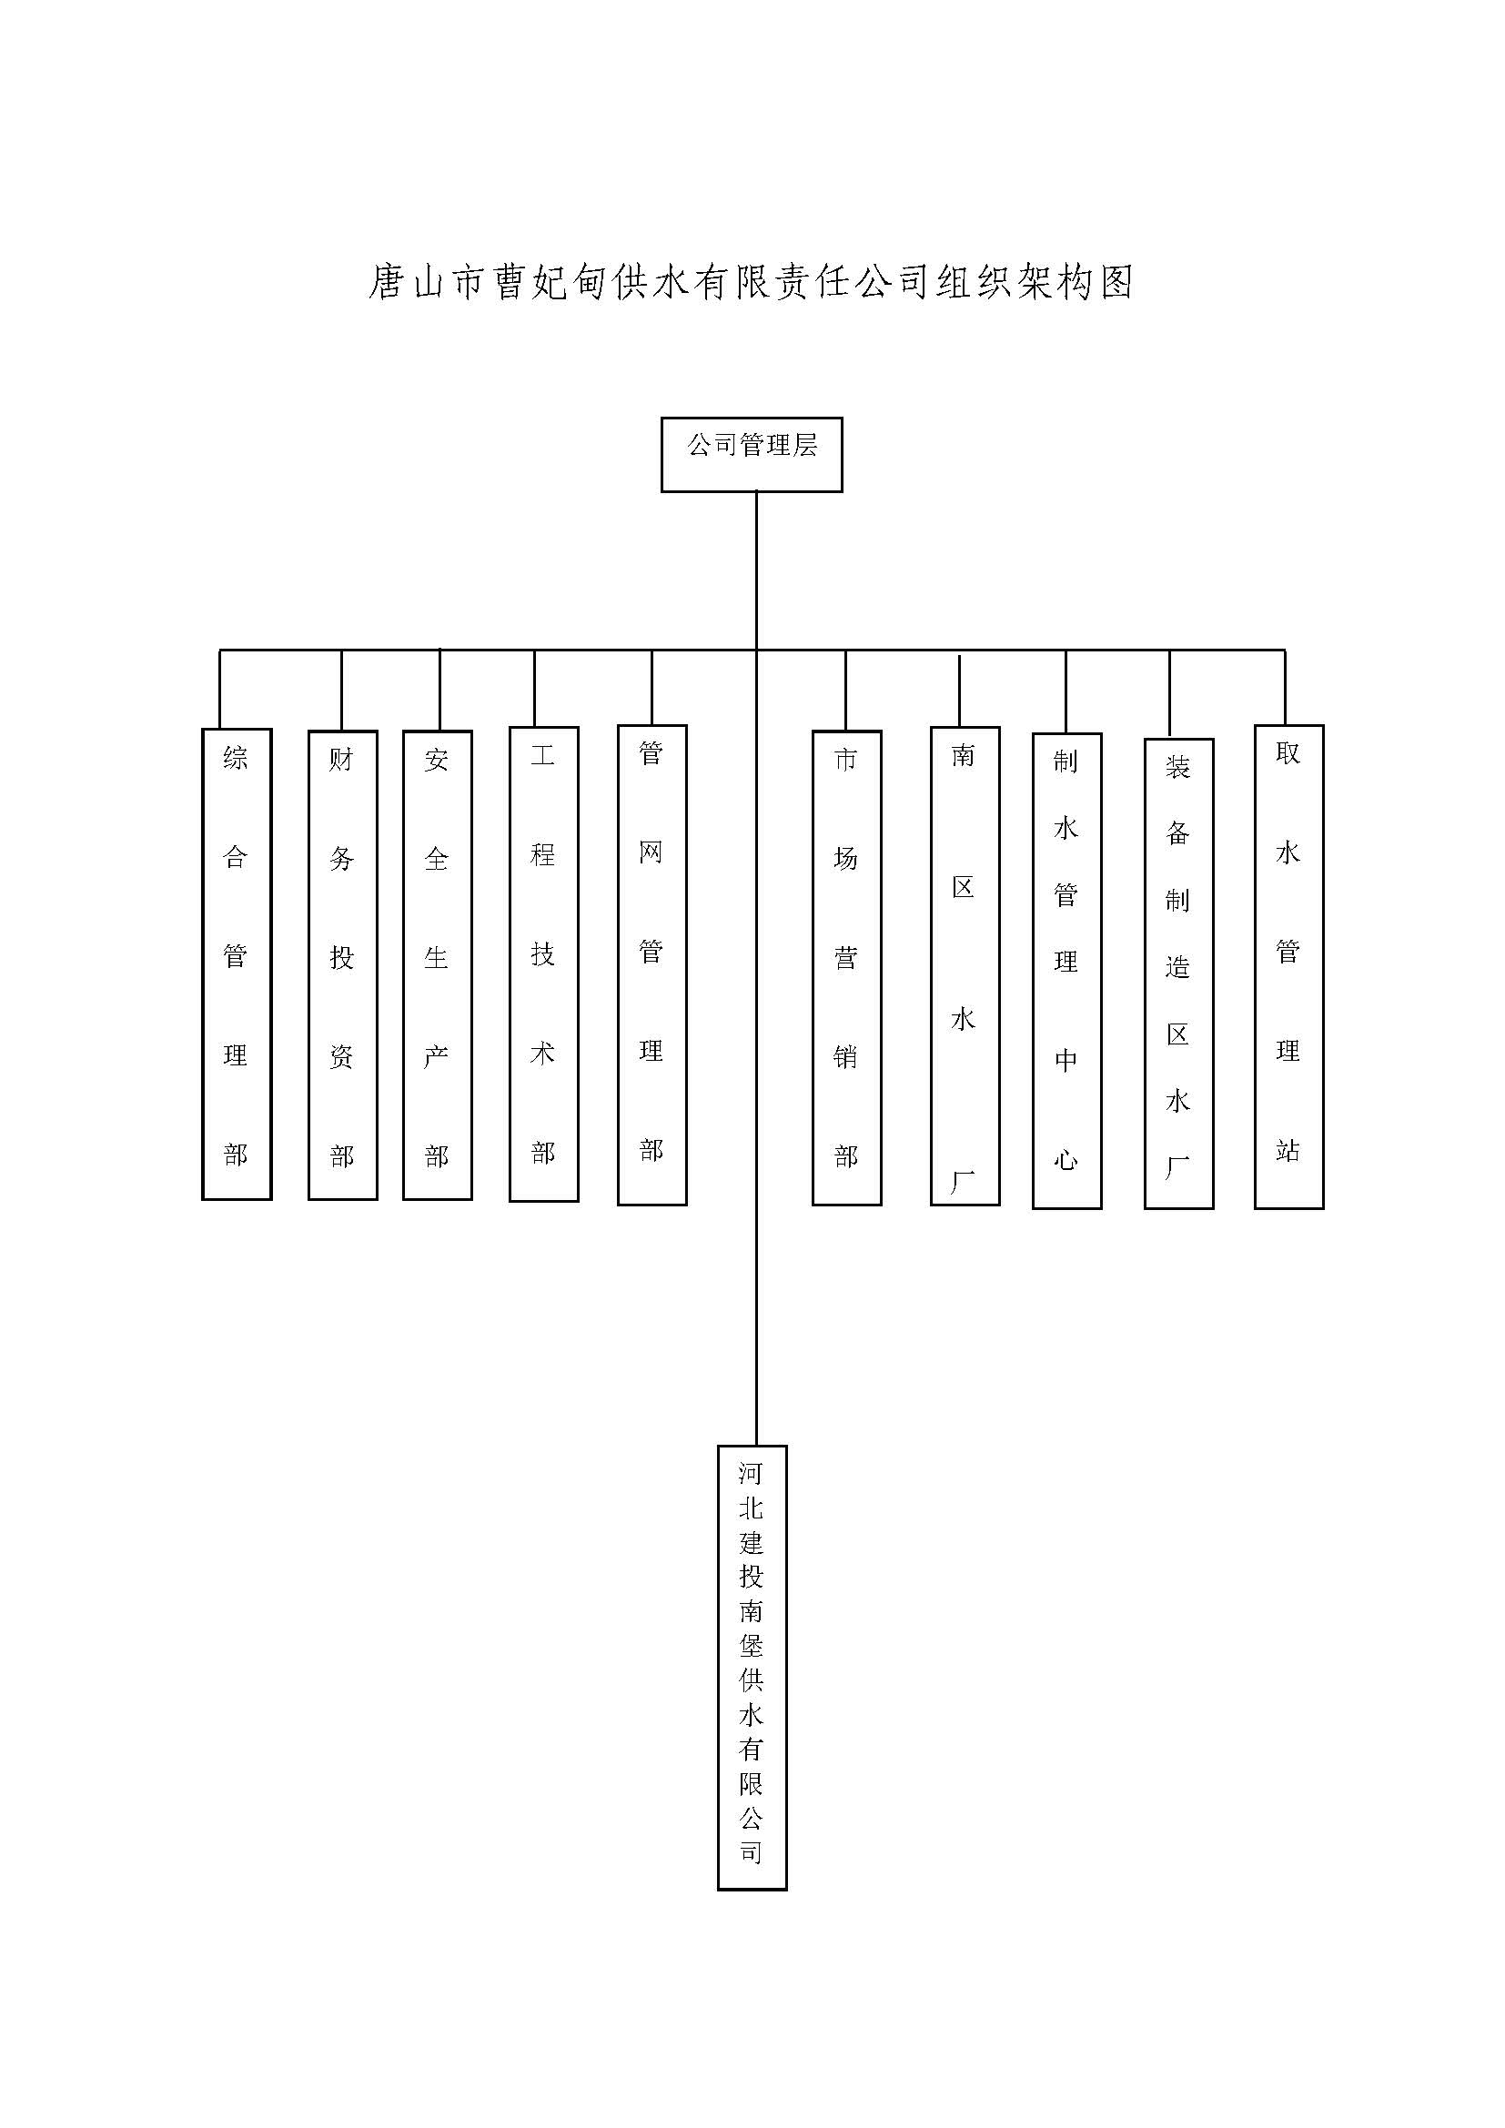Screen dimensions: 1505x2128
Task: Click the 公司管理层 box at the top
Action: pos(752,454)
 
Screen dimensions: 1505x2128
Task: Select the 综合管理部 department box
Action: pos(237,963)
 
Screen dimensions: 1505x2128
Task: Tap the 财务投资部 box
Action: pos(343,964)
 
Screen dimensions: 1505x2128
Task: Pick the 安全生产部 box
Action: pos(438,964)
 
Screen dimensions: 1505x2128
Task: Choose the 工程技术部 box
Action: pos(544,963)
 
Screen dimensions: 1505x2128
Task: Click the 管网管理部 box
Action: pos(652,964)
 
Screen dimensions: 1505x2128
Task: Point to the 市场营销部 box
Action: pos(847,968)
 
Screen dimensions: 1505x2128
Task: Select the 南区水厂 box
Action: pos(965,966)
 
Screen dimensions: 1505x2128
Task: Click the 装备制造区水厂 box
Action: pos(1178,974)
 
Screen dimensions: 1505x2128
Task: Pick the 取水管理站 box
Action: pos(1289,967)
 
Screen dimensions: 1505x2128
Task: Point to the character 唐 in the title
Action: pos(388,282)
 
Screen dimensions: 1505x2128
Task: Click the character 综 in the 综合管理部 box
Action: pos(236,758)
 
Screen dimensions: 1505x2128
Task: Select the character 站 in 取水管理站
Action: pos(1288,1150)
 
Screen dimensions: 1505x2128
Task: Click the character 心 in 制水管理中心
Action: pos(1066,1159)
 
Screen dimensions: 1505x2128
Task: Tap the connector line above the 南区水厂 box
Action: pos(959,691)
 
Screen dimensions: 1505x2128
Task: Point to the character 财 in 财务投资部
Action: pos(342,760)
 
